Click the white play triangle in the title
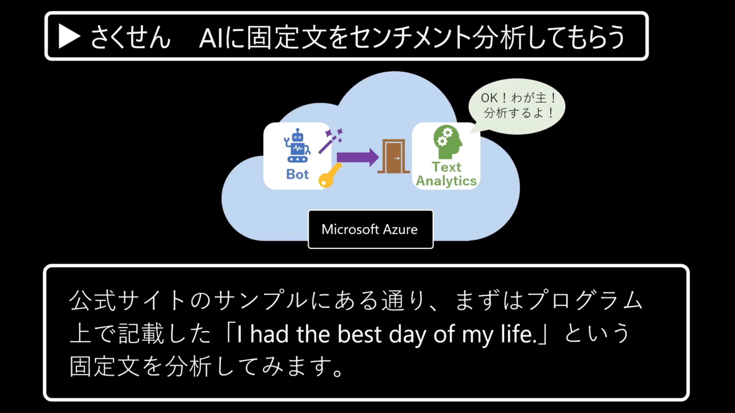pos(69,37)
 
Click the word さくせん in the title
pos(130,37)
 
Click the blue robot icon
pos(296,147)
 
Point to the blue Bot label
pos(298,174)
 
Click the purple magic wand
pos(330,140)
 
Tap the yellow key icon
pos(330,176)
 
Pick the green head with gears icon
pos(447,141)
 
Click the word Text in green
pos(447,167)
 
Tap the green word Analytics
pos(447,181)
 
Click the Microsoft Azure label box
pos(370,229)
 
